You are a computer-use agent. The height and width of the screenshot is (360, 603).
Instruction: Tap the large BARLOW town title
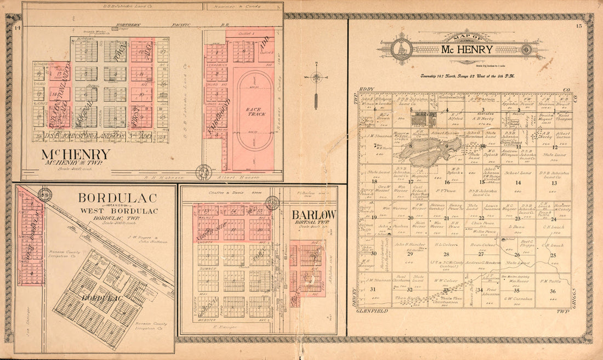(x=314, y=215)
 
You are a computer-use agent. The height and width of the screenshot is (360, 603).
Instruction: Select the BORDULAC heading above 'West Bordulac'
(x=117, y=198)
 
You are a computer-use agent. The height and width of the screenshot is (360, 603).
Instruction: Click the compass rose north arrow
(x=316, y=77)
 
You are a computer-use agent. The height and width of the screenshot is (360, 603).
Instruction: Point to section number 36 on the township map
(x=553, y=291)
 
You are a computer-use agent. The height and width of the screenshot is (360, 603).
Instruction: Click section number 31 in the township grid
(x=373, y=289)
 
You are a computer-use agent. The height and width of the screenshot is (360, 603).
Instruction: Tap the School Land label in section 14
(x=517, y=173)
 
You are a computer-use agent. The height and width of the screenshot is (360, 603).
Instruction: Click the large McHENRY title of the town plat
(x=76, y=155)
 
